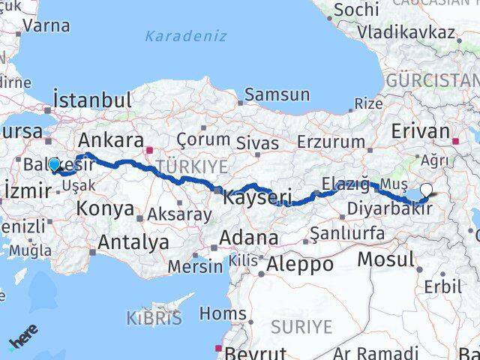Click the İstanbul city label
[x=93, y=100]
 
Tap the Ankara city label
[x=111, y=140]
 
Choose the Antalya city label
[x=133, y=242]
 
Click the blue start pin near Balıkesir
[x=54, y=165]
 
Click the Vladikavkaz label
[x=406, y=32]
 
